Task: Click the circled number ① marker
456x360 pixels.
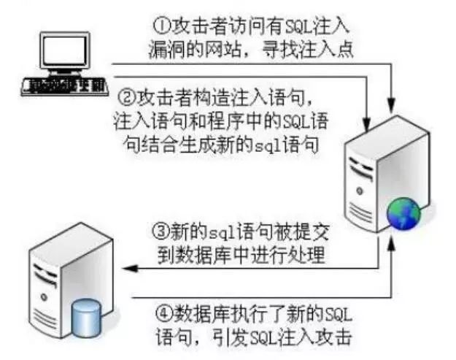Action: tap(161, 25)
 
